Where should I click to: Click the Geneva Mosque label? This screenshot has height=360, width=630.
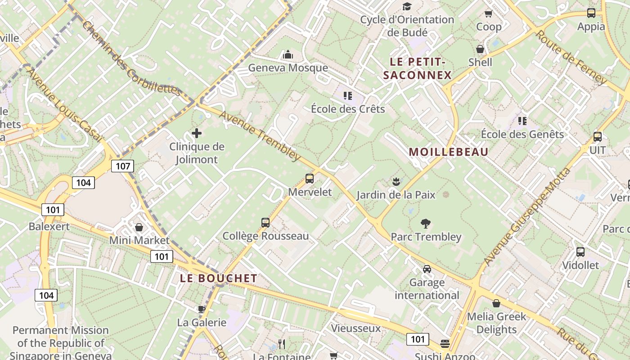[288, 68]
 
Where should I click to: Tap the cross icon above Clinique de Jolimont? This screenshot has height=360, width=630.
[197, 133]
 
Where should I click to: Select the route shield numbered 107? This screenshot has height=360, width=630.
[123, 166]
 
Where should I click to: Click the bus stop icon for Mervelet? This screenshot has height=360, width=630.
[310, 179]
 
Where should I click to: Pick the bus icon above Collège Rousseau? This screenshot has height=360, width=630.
[265, 222]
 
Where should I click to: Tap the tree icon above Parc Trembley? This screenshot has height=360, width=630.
[425, 223]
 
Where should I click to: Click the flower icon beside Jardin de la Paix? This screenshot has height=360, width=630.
[396, 182]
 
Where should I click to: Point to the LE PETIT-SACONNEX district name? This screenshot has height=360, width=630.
[417, 68]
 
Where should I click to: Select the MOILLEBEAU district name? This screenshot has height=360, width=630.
[448, 152]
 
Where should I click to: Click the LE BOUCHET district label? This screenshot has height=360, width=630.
[219, 279]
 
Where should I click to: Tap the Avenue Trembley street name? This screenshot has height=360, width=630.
[260, 135]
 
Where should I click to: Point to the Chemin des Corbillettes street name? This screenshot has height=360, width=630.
[131, 58]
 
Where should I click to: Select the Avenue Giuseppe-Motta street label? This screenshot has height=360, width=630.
[527, 217]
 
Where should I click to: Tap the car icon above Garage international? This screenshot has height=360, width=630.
[427, 269]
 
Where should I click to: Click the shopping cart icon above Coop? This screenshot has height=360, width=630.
[488, 14]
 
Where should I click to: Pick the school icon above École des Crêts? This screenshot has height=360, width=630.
[347, 95]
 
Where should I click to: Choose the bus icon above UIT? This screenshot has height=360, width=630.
[598, 137]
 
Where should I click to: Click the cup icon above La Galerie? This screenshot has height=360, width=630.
[202, 309]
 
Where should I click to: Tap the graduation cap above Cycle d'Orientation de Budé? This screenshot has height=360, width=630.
[407, 6]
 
